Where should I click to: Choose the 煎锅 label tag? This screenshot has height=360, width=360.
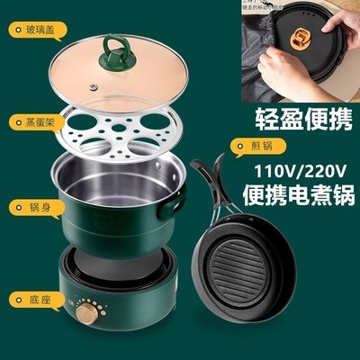[249, 144]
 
